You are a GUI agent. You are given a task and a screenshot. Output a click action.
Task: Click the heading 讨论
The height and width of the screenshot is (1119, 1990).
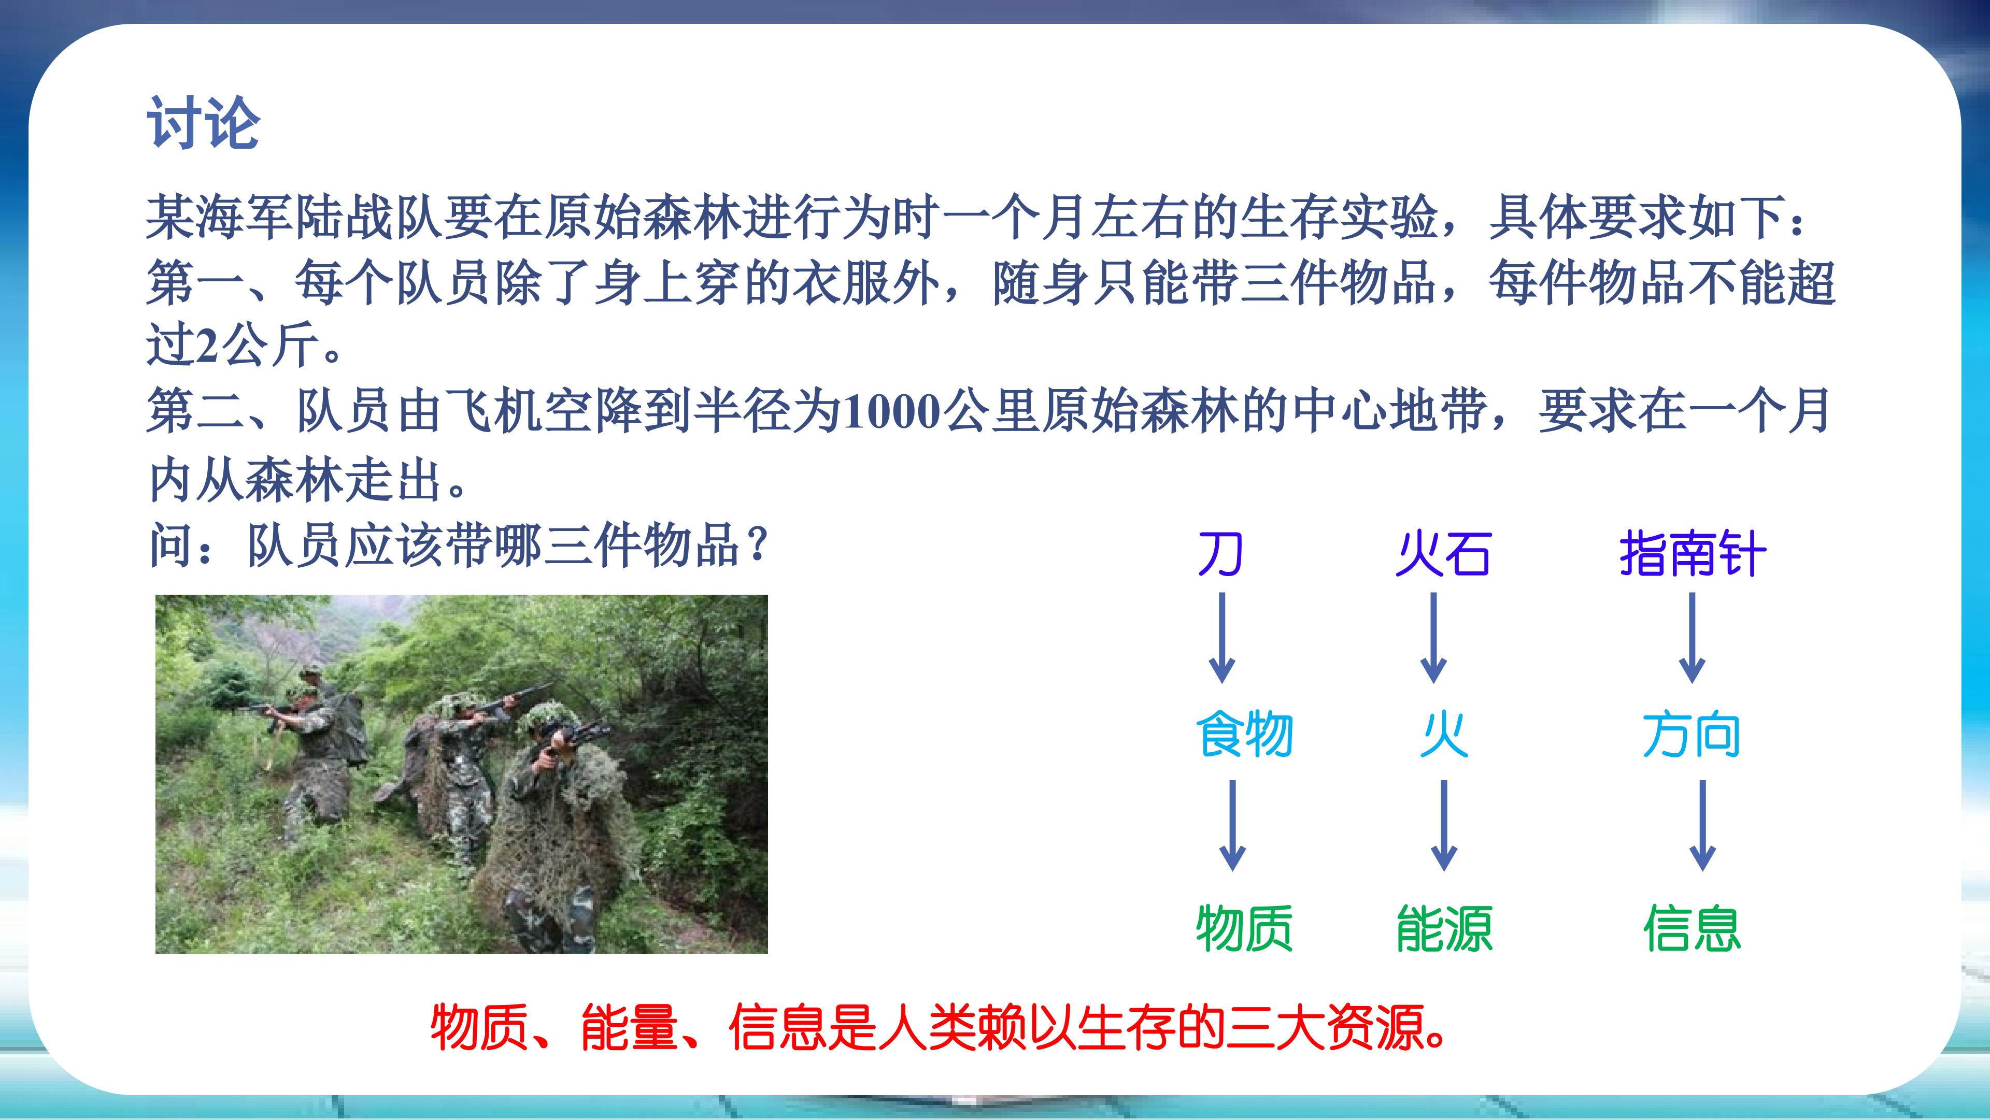coord(203,122)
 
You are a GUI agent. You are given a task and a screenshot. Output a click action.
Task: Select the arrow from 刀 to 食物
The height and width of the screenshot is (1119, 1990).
coord(1221,637)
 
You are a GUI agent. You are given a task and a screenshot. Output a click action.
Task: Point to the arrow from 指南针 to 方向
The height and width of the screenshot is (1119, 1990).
coord(1693,637)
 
